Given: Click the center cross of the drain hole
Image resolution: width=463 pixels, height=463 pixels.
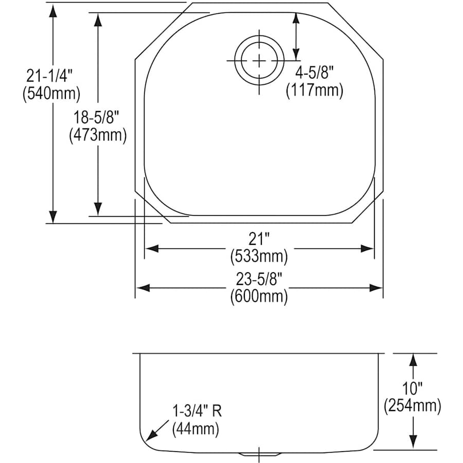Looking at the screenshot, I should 258,61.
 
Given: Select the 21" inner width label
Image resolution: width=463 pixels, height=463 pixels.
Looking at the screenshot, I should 259,239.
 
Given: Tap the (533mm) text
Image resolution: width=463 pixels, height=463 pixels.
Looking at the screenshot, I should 259,255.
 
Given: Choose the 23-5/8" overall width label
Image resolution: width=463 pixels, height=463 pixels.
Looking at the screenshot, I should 259,279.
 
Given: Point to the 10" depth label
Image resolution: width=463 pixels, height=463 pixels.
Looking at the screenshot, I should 412,389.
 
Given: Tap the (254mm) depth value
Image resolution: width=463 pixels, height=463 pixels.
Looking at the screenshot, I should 412,406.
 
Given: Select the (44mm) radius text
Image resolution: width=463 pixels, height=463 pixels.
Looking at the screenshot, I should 195,428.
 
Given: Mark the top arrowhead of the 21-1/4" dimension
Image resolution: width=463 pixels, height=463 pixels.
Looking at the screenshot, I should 52,11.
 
